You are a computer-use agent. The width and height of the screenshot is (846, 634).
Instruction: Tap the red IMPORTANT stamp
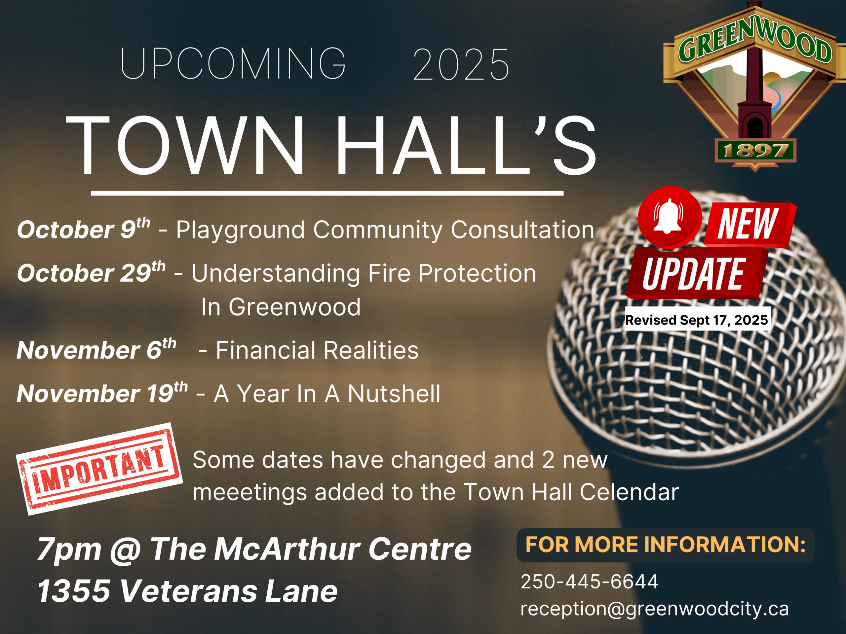pyautogui.click(x=99, y=469)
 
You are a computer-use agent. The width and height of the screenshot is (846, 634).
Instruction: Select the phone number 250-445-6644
pyautogui.click(x=589, y=581)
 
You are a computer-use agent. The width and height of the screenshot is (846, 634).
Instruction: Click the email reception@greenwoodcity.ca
pyautogui.click(x=654, y=608)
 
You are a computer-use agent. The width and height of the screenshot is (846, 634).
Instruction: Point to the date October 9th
pyautogui.click(x=83, y=229)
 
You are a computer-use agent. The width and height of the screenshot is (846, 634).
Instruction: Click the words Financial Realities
pyautogui.click(x=317, y=350)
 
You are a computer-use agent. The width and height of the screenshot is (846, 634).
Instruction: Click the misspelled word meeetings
pyautogui.click(x=250, y=492)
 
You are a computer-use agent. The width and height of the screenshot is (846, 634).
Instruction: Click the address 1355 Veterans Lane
pyautogui.click(x=187, y=590)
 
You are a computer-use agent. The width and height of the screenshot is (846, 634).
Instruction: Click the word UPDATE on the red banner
pyautogui.click(x=693, y=273)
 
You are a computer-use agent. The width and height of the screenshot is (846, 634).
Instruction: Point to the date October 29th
pyautogui.click(x=91, y=272)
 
